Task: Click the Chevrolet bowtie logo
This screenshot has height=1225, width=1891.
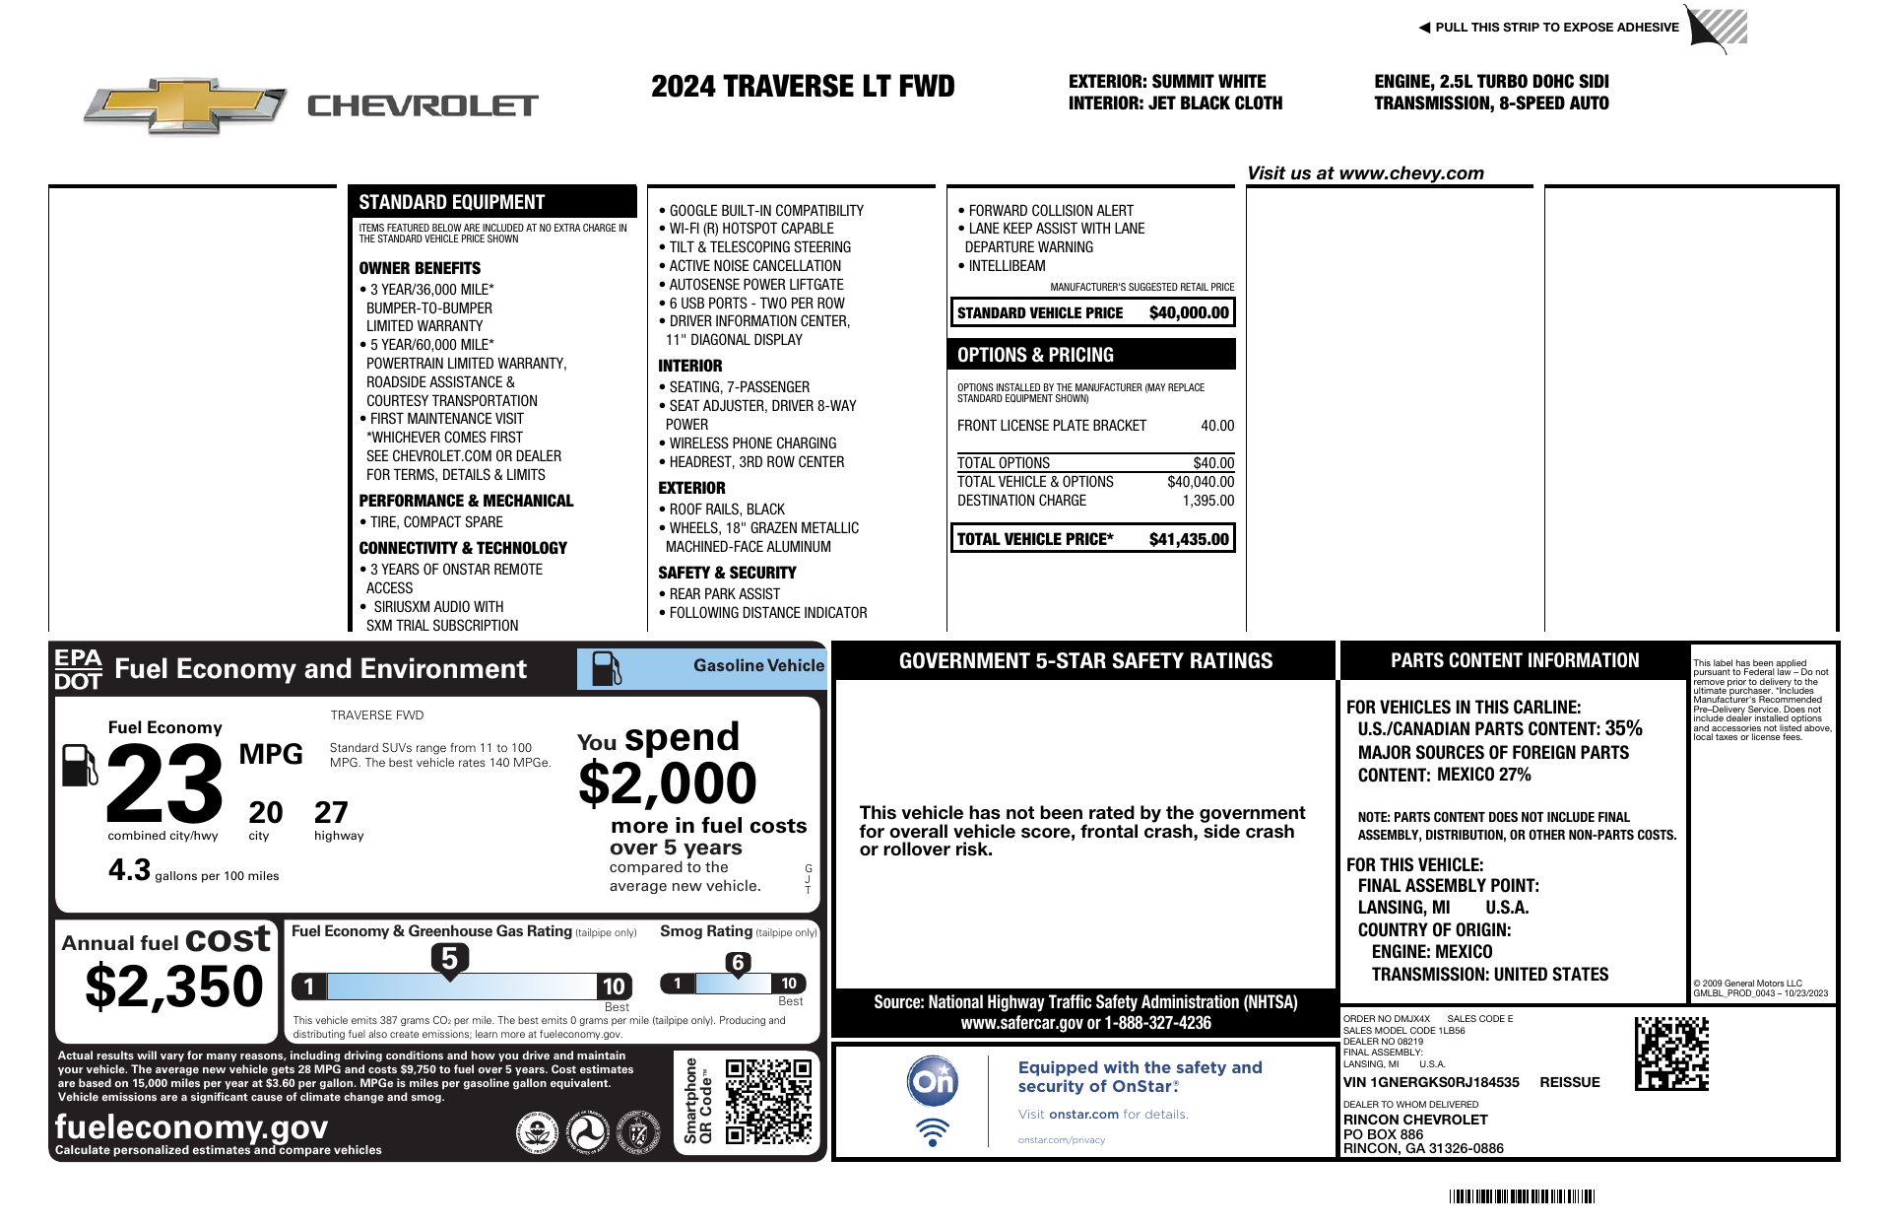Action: pos(185,104)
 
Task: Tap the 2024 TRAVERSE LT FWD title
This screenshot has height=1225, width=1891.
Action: pos(803,87)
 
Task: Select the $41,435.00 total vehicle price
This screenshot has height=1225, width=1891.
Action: pos(1189,539)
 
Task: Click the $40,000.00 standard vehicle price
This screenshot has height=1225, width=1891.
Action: pos(1189,313)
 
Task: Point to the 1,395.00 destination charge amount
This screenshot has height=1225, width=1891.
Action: pos(1207,501)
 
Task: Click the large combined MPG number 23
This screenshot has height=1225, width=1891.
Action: pos(164,784)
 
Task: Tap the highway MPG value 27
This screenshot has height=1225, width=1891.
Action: pos(331,813)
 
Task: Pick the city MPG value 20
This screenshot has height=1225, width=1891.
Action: pos(265,813)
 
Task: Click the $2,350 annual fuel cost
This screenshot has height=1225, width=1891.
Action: pos(174,987)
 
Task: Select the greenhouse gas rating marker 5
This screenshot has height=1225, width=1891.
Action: pos(449,959)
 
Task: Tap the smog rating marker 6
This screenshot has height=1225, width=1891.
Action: pos(738,963)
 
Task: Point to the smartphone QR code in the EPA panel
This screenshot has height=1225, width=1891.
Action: pos(768,1101)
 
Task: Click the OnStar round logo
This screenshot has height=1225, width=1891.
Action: pos(932,1081)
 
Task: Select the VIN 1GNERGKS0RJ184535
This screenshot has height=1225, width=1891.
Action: pos(1431,1082)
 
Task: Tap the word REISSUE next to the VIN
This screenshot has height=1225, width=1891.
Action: pos(1570,1082)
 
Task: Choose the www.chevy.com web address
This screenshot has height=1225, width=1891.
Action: pos(1411,173)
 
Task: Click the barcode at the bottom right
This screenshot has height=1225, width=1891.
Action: pos(1522,1196)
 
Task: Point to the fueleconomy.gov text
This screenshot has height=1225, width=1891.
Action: pos(191,1126)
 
